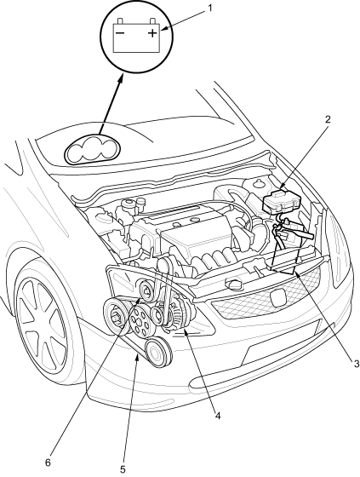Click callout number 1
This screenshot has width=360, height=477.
pos(209,8)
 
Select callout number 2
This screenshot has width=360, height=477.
pos(328,119)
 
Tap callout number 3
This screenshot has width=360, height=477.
pos(355,363)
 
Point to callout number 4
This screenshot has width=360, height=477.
pos(217,416)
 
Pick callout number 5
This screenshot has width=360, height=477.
pos(123,469)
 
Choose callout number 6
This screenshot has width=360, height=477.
pos(48,463)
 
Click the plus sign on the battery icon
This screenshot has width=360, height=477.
pos(152,32)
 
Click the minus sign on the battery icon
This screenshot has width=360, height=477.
pos(120,32)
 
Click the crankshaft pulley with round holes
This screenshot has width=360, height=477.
pos(140,322)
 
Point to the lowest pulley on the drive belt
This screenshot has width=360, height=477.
pos(157,353)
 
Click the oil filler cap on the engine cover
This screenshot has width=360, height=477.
pos(193,220)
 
